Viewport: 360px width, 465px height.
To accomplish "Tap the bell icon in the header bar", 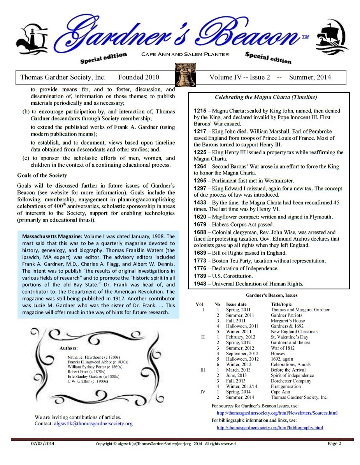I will pyautogui.click(x=185, y=76).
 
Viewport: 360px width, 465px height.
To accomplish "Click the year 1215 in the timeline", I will pyautogui.click(x=200, y=111).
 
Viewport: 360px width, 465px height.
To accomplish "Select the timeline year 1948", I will pyautogui.click(x=200, y=284).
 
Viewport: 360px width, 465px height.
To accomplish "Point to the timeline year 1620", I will pyautogui.click(x=200, y=217).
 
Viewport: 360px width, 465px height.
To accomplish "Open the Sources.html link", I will pyautogui.click(x=277, y=413).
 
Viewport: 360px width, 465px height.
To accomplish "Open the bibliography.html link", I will pyautogui.click(x=270, y=428).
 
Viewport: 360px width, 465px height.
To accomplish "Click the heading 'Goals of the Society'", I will pyautogui.click(x=42, y=175).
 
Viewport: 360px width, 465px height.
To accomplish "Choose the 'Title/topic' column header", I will pyautogui.click(x=281, y=304).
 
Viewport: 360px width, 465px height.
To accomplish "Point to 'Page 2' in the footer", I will pyautogui.click(x=334, y=443).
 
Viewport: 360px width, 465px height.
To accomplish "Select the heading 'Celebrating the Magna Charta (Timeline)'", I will pyautogui.click(x=266, y=97).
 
